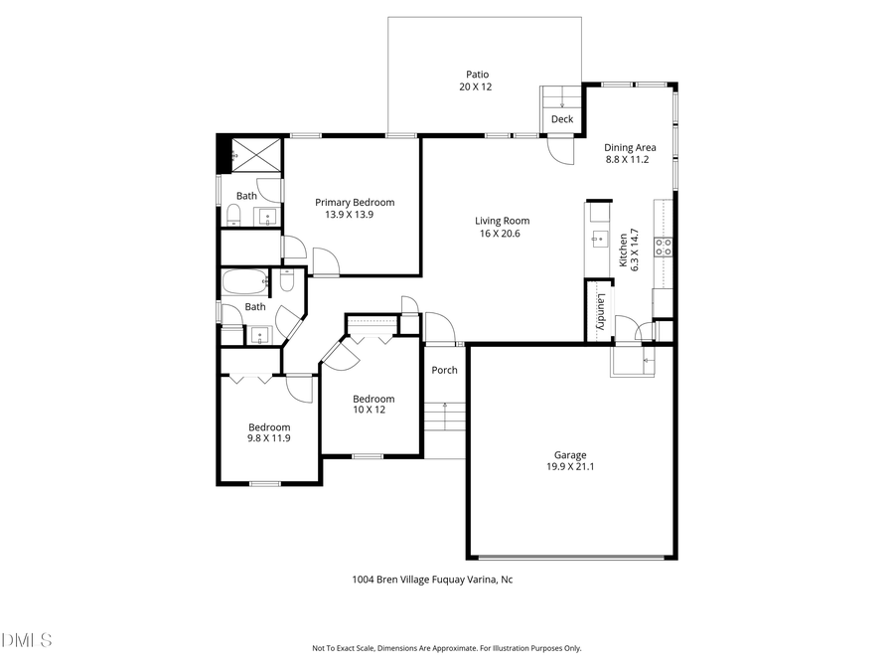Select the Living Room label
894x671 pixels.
(x=502, y=221)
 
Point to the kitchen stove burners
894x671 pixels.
(x=664, y=246)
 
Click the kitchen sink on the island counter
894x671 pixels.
(x=599, y=238)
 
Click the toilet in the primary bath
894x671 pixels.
(x=233, y=217)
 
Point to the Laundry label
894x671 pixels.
(x=601, y=311)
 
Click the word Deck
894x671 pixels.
(x=562, y=119)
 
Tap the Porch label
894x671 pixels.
(x=444, y=370)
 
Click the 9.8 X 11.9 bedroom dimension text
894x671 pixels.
(x=269, y=437)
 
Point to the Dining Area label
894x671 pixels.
(x=630, y=148)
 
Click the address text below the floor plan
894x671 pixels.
(x=432, y=580)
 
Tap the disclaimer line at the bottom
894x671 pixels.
(x=447, y=648)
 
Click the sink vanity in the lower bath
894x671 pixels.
(x=260, y=334)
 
